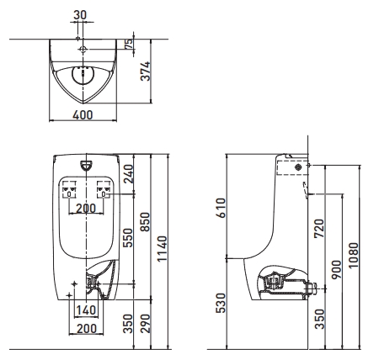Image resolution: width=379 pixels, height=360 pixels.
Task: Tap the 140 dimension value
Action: coord(86,310)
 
